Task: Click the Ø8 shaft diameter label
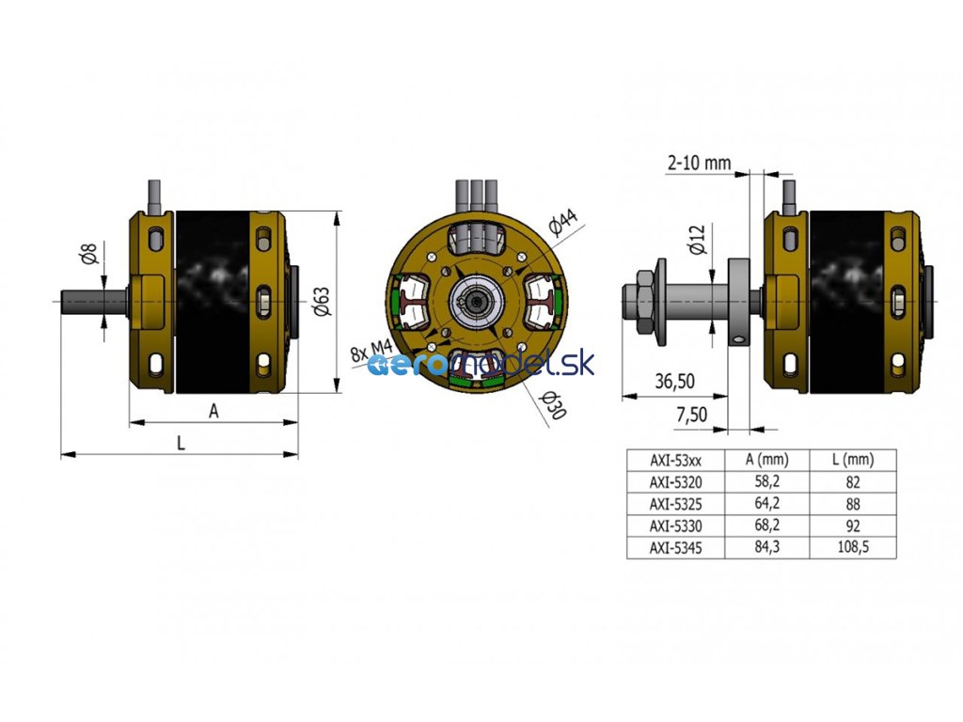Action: [89, 254]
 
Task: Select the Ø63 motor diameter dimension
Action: [323, 302]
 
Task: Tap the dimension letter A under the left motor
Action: [213, 411]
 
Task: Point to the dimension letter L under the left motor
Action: [181, 443]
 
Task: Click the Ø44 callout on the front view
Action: [562, 222]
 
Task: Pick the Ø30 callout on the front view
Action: [552, 405]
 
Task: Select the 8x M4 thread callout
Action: [371, 351]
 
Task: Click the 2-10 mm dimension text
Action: [699, 163]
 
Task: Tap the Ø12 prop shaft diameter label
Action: [699, 239]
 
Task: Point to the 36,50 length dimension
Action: [674, 382]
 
